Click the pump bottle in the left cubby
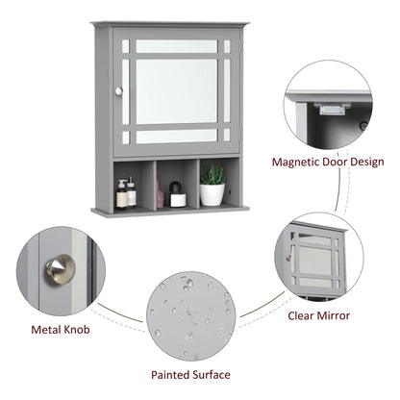point(122,193)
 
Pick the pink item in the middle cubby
point(159,191)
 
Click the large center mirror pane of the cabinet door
point(176,90)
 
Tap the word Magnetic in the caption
point(298,162)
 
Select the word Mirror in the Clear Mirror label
point(332,314)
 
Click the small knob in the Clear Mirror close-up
point(287,257)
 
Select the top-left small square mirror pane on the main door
point(125,46)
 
